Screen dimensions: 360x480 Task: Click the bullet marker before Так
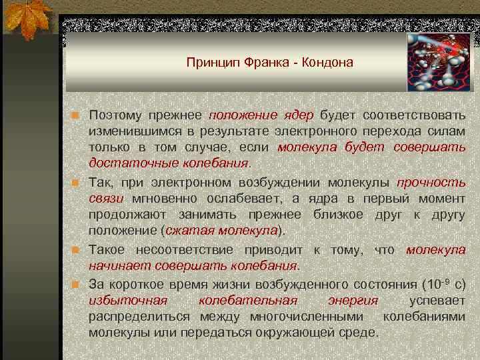pyautogui.click(x=76, y=182)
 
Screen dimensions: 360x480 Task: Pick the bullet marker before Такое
pyautogui.click(x=76, y=250)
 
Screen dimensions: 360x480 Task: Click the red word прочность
pyautogui.click(x=431, y=182)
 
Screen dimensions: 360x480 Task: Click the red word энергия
pyautogui.click(x=353, y=300)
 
